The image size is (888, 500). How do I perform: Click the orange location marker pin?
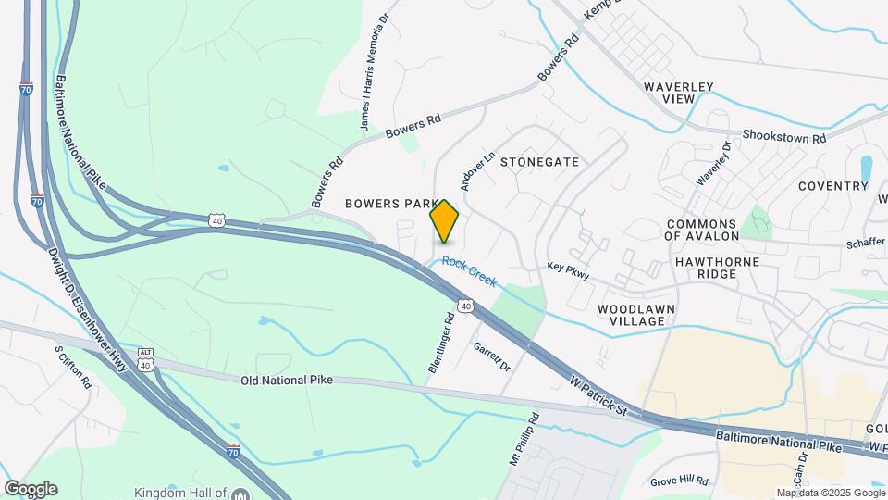[445, 222]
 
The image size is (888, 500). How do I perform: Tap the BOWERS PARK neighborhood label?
[389, 203]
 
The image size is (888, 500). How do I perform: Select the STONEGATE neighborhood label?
[539, 162]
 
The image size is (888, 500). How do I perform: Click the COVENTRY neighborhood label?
[832, 186]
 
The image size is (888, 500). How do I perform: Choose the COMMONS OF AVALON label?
[713, 231]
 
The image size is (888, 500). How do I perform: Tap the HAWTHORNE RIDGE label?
[717, 269]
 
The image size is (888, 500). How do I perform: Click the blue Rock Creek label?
[469, 270]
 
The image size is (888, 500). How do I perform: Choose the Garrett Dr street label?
[491, 356]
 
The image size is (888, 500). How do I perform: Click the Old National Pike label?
[286, 381]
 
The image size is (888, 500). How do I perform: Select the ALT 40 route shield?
[144, 358]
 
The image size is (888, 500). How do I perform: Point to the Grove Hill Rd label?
[678, 481]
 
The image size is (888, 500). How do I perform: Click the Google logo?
[31, 488]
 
